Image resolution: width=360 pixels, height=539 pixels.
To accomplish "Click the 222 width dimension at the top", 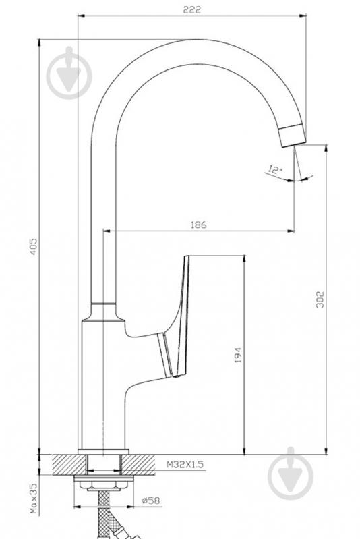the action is (191, 9).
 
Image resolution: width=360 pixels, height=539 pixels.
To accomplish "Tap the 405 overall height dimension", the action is (34, 246).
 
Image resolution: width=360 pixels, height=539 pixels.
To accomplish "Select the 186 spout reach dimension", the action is (199, 225).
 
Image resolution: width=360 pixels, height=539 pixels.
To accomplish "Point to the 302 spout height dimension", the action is (320, 300).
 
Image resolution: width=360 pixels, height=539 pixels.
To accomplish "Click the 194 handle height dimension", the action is (238, 355).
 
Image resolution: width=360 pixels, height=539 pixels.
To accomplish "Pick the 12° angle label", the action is (275, 170).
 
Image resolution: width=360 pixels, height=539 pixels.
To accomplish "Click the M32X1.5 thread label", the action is (185, 464).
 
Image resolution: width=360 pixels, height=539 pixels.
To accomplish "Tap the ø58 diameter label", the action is (151, 501).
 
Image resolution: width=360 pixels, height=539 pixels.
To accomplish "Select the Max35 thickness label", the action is (34, 498).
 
